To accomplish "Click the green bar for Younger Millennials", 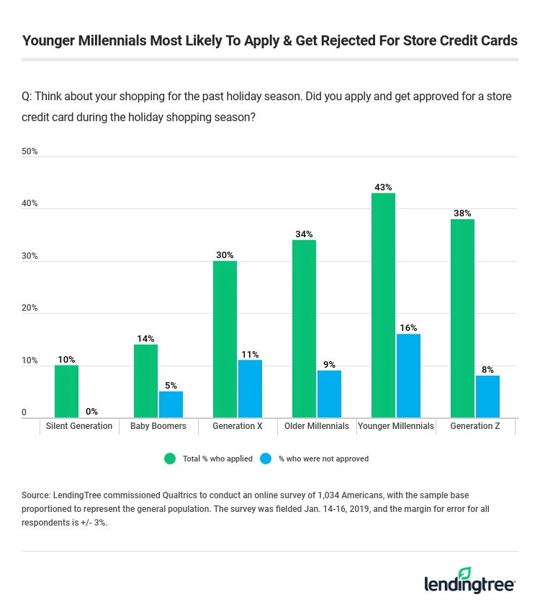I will point(383,305).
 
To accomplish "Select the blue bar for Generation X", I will point(250,389).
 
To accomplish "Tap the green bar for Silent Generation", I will point(66,391).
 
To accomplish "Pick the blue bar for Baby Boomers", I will point(171,404).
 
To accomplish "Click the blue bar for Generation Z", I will point(487,396).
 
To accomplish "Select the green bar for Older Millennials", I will point(304,329).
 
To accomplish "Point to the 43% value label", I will point(383,187).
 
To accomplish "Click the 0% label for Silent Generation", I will point(91,412).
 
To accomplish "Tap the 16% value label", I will point(408,328).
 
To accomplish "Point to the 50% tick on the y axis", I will point(30,151).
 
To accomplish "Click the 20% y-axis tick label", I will point(30,309).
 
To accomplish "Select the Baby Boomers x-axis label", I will point(158,426).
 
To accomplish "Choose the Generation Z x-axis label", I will point(475,426).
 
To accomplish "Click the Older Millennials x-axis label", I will point(317,426).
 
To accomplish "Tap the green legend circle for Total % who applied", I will point(171,459).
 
